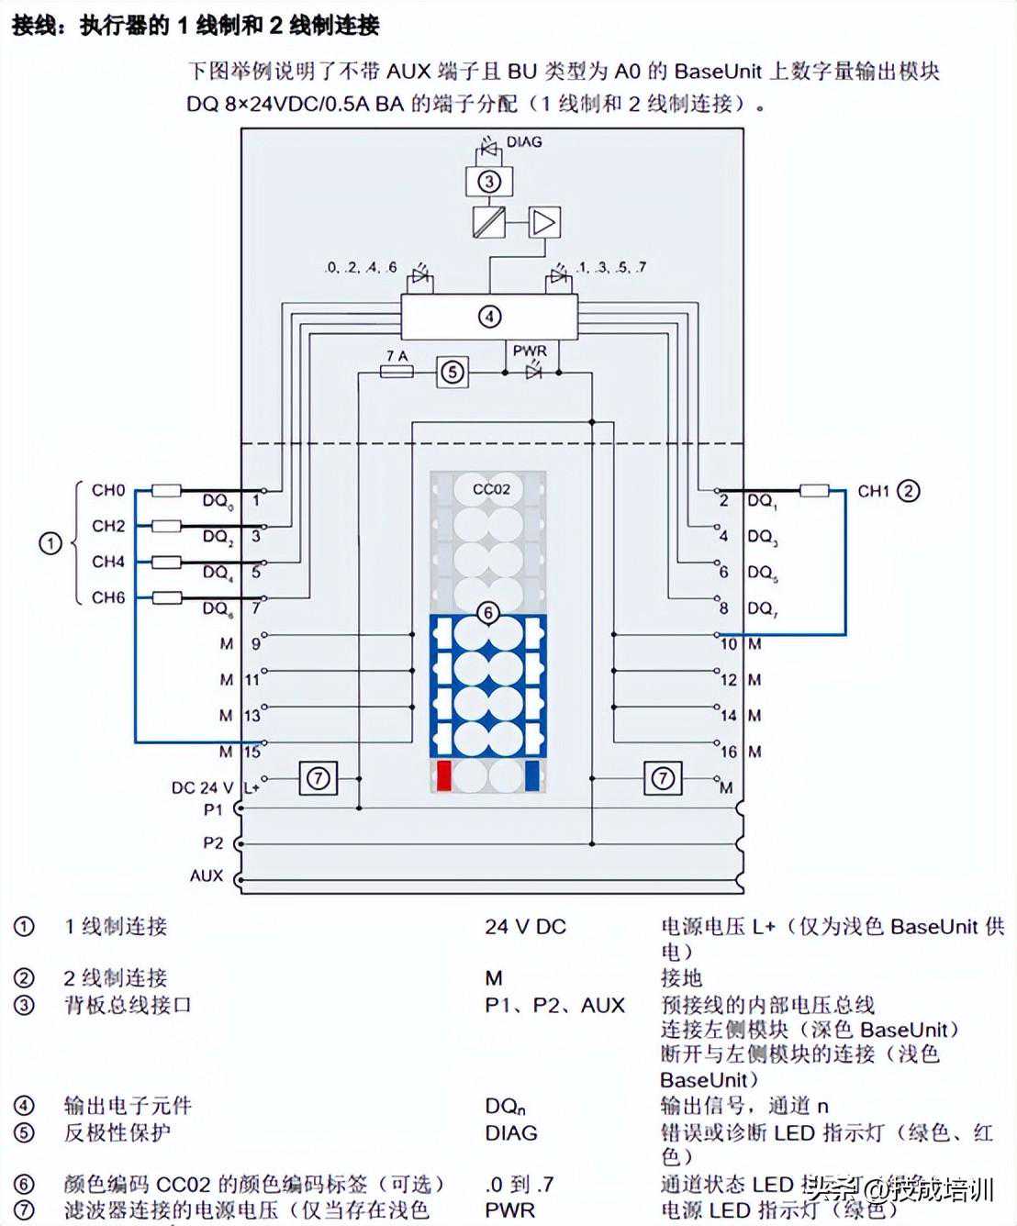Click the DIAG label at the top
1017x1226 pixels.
click(524, 142)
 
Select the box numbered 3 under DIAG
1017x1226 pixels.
click(488, 181)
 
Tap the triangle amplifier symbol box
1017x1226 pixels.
click(544, 222)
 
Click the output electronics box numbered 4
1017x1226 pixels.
click(489, 317)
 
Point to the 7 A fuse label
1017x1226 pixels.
click(397, 355)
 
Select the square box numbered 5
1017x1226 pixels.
click(452, 372)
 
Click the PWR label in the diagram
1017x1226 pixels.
click(530, 351)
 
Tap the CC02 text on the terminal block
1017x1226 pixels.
click(491, 489)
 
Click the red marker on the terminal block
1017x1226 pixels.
click(443, 776)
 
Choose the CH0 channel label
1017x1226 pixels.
click(108, 490)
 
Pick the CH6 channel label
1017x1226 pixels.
click(108, 597)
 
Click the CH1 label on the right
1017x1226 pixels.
click(873, 491)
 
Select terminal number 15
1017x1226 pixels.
click(252, 752)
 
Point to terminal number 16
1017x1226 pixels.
click(729, 752)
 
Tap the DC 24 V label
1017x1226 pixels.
click(202, 787)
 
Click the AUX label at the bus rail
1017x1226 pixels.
click(207, 875)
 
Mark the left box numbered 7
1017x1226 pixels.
click(318, 779)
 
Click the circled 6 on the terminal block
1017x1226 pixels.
click(488, 612)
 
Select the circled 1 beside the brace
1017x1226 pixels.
click(50, 543)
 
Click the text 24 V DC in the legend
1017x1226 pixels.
click(525, 927)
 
